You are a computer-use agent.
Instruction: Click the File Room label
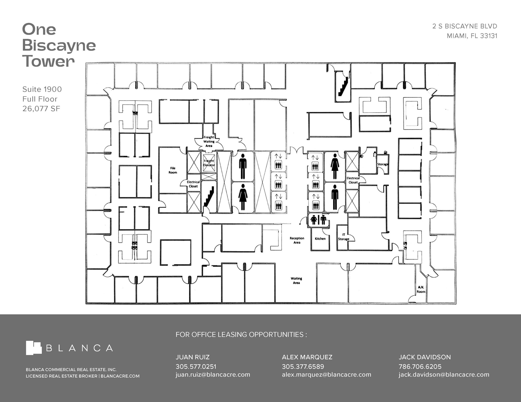click(173, 170)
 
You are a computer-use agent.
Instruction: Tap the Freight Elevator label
click(209, 163)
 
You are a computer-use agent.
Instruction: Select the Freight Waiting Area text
click(209, 141)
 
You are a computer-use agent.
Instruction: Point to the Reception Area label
click(297, 240)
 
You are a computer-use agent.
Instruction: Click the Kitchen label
click(320, 239)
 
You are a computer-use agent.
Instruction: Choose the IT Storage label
click(343, 237)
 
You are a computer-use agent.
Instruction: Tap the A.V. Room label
click(421, 289)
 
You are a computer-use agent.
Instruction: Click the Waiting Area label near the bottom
click(296, 281)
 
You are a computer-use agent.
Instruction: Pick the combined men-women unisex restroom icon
click(319, 220)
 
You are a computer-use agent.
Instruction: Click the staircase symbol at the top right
click(343, 86)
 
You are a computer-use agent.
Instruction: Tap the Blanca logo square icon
click(34, 348)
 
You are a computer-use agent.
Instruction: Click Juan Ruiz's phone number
click(196, 366)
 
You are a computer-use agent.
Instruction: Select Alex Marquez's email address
click(326, 375)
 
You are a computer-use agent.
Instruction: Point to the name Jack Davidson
click(425, 357)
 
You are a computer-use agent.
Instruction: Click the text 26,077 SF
click(41, 109)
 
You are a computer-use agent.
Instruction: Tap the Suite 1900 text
click(42, 89)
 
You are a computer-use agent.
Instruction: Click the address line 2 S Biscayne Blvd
click(465, 26)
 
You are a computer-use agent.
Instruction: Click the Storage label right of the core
click(383, 164)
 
